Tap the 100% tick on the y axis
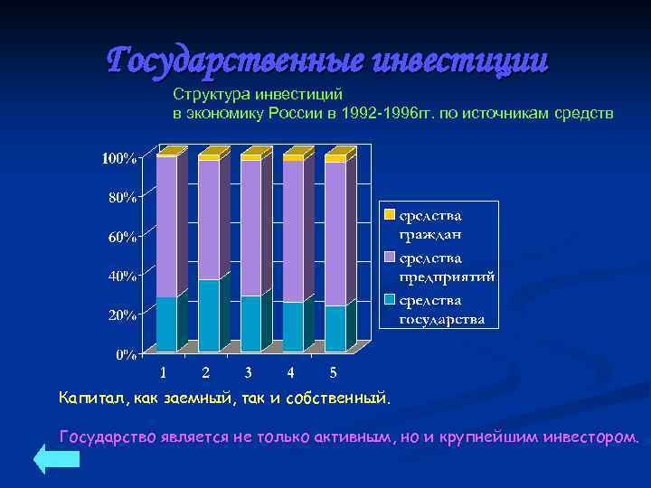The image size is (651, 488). (119, 159)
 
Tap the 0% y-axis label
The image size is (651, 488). (126, 354)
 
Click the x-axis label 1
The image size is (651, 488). (163, 372)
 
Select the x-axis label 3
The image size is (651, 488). (248, 372)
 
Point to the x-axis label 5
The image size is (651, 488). (333, 372)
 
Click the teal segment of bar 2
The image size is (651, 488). (208, 315)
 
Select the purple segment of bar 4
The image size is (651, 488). (293, 231)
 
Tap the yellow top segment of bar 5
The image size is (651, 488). (335, 159)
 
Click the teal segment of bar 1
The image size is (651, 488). (166, 324)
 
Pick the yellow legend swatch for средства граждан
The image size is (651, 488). (390, 216)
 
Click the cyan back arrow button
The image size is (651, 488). (57, 458)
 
